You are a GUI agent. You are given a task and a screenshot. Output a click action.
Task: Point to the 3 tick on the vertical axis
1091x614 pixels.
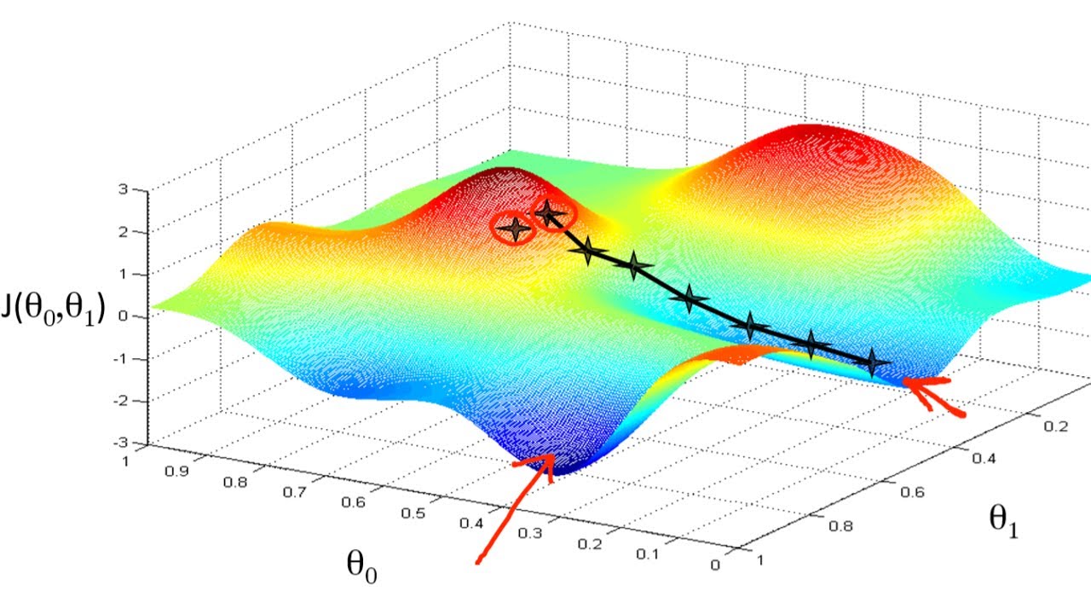[x=124, y=190]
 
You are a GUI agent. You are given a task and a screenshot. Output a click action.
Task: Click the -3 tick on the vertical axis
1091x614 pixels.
[x=122, y=442]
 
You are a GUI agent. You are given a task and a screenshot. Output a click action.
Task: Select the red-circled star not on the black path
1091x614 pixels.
[x=515, y=228]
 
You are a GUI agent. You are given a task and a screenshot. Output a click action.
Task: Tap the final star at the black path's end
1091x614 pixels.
[x=871, y=362]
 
